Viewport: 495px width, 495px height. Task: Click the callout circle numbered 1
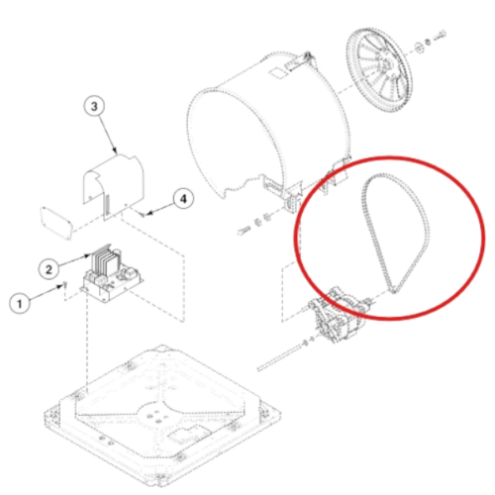tap(20, 303)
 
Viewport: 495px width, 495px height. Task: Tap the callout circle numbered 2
tap(49, 269)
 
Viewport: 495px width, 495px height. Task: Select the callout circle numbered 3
tap(94, 107)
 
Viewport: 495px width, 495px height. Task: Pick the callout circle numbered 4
tap(183, 199)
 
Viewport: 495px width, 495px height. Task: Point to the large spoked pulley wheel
tap(379, 71)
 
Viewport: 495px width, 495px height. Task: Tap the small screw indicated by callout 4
tap(143, 215)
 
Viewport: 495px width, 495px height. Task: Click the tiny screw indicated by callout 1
tap(65, 284)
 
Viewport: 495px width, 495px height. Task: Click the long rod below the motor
tap(279, 358)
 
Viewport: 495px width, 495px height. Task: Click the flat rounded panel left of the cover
tap(55, 222)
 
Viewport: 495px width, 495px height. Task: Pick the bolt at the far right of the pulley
tap(441, 36)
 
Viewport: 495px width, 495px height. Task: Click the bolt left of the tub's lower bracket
tap(244, 230)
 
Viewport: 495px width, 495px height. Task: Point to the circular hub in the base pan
tap(155, 417)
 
